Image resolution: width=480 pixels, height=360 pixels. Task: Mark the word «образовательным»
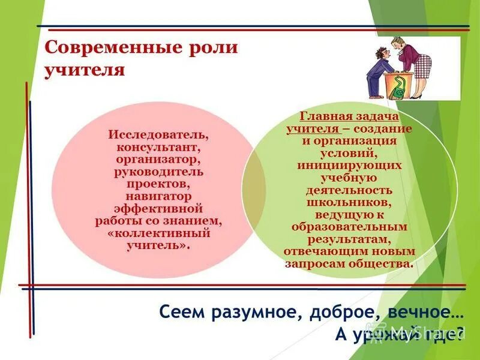350,227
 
